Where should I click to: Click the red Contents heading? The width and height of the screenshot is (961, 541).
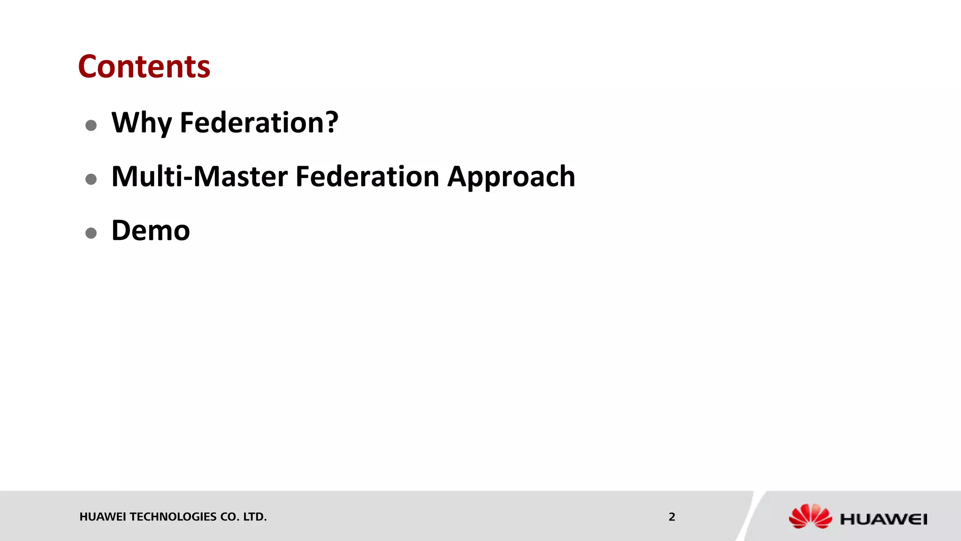[144, 66]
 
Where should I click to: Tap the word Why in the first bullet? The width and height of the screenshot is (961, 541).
[141, 123]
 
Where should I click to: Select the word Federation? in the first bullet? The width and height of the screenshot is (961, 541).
[259, 123]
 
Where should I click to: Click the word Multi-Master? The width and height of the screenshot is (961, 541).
[199, 177]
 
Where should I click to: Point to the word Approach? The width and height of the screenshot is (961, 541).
[511, 178]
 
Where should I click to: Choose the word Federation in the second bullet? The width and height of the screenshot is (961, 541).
[367, 177]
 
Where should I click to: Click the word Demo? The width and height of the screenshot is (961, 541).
[151, 231]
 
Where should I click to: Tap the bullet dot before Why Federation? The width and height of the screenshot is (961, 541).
[91, 125]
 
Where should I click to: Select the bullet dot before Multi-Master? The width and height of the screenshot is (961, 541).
[91, 179]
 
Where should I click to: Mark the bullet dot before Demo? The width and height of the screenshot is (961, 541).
[91, 233]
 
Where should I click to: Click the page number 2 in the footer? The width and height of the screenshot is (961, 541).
[672, 517]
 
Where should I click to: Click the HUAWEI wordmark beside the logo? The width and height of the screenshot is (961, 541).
[884, 519]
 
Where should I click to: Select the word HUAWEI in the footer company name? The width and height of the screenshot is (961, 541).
[103, 517]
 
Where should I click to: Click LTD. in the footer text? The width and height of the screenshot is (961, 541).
[255, 517]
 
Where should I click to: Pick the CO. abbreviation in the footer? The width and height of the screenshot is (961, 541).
[230, 517]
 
